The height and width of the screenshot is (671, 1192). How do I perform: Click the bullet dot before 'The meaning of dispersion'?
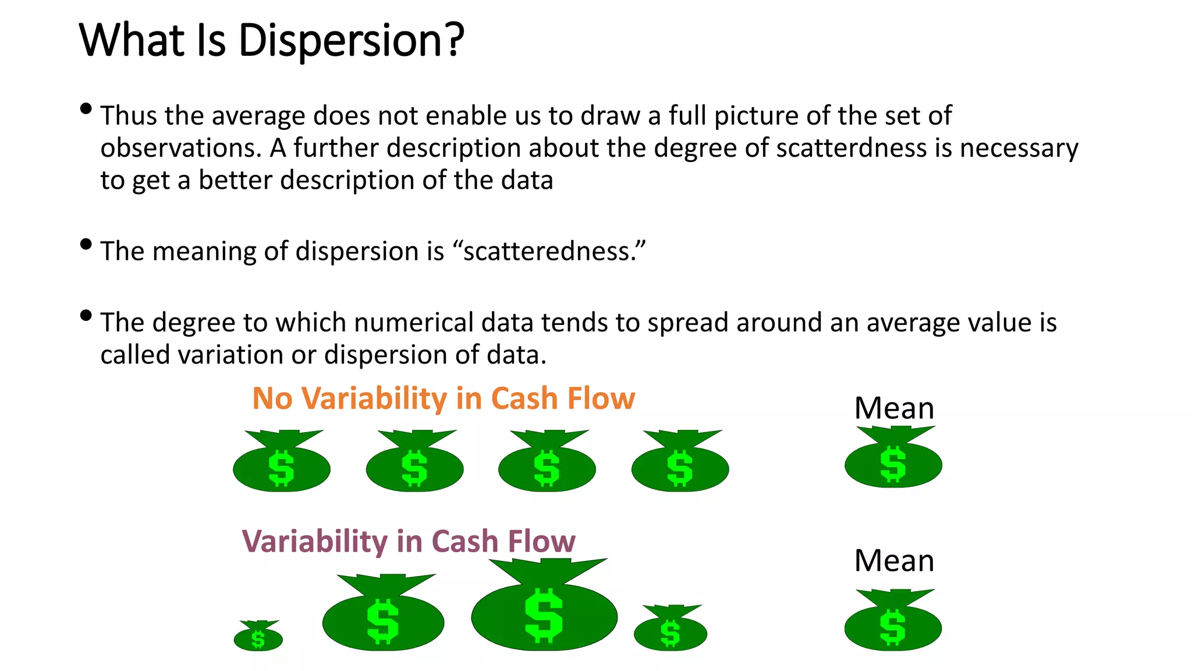click(x=86, y=244)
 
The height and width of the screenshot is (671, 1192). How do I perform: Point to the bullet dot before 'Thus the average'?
click(x=86, y=109)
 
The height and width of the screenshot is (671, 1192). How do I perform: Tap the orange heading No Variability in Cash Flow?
click(x=443, y=399)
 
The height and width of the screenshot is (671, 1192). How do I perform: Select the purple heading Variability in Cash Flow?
click(x=408, y=542)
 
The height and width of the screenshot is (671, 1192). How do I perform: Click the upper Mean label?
click(x=893, y=408)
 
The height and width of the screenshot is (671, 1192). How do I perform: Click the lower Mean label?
click(x=893, y=561)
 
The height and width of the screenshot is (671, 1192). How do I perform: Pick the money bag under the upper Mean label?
click(x=893, y=460)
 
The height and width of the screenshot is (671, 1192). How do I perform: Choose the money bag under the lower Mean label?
click(x=893, y=623)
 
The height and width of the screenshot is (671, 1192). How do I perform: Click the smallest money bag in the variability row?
click(x=258, y=637)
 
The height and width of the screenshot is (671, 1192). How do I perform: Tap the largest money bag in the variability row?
click(x=544, y=609)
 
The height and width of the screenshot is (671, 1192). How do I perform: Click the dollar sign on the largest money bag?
click(x=544, y=615)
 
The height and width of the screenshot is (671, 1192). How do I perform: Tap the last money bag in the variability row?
click(x=670, y=630)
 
